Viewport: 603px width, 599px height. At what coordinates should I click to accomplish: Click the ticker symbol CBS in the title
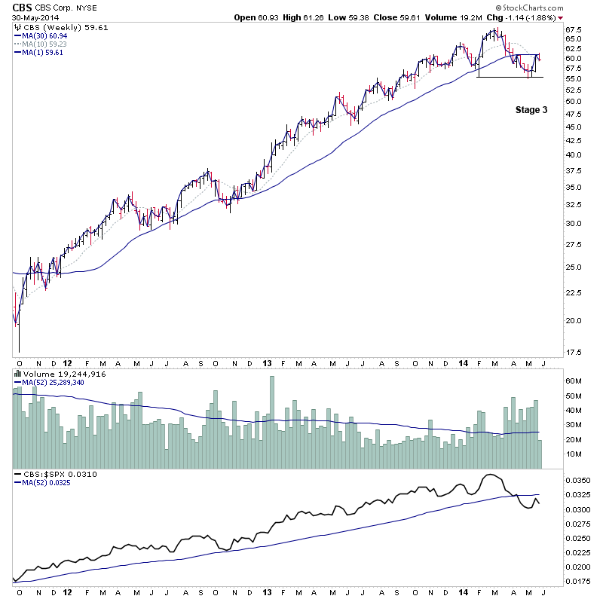23,8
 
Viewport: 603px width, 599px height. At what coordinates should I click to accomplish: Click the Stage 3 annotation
531,110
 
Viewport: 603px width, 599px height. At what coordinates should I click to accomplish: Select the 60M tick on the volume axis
574,381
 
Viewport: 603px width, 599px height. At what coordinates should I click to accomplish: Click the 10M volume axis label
574,454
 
